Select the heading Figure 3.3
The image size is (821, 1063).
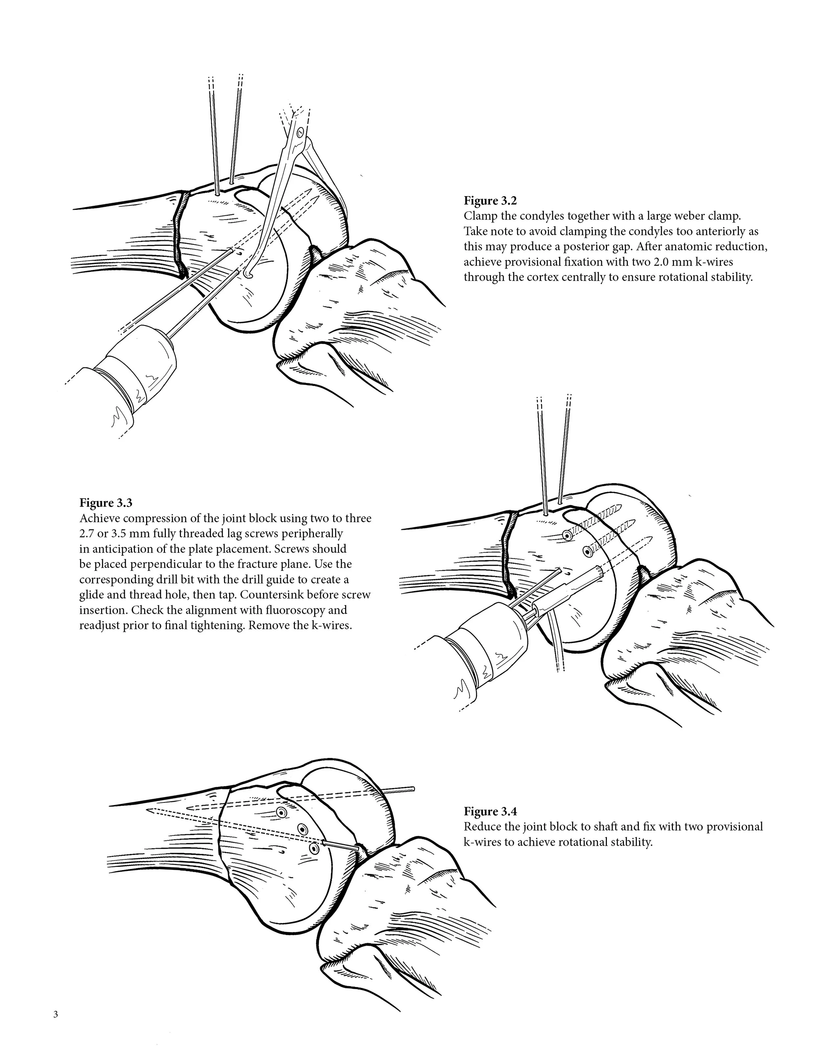click(x=105, y=503)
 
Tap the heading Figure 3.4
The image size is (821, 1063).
click(x=490, y=811)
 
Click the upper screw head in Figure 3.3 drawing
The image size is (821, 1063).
click(x=566, y=535)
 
